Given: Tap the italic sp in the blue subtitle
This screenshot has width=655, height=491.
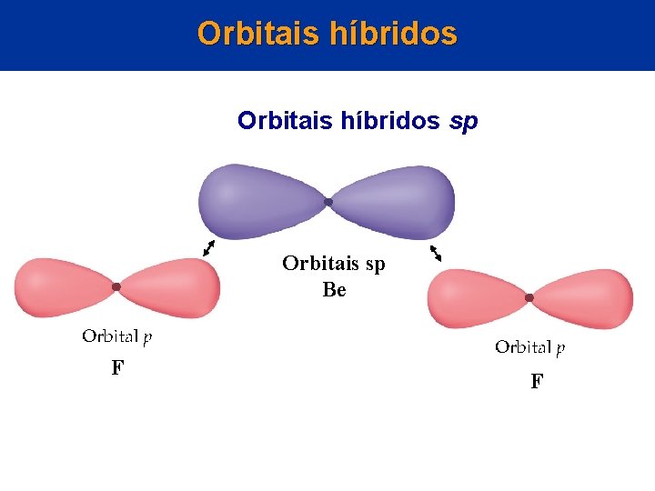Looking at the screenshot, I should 464,121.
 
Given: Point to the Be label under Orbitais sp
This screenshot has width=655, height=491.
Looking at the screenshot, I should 334,291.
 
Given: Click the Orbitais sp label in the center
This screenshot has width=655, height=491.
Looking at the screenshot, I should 333,264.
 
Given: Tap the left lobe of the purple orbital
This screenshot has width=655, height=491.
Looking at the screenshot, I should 259,199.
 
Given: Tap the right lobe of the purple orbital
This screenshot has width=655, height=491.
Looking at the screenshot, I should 396,199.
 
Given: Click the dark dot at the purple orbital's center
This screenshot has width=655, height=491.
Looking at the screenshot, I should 328,201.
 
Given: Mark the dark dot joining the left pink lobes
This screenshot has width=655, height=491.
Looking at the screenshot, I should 116,287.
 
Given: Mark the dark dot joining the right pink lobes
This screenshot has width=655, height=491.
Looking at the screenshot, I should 529,297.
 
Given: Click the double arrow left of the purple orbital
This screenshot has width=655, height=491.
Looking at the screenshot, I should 210,247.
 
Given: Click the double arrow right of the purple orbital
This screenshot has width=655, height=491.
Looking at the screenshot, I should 436,253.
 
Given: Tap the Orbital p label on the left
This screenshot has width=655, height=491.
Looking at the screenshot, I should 117,337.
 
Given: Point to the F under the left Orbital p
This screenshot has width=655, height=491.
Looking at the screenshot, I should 117,368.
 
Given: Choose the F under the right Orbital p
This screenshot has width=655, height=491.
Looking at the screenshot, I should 537,381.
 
